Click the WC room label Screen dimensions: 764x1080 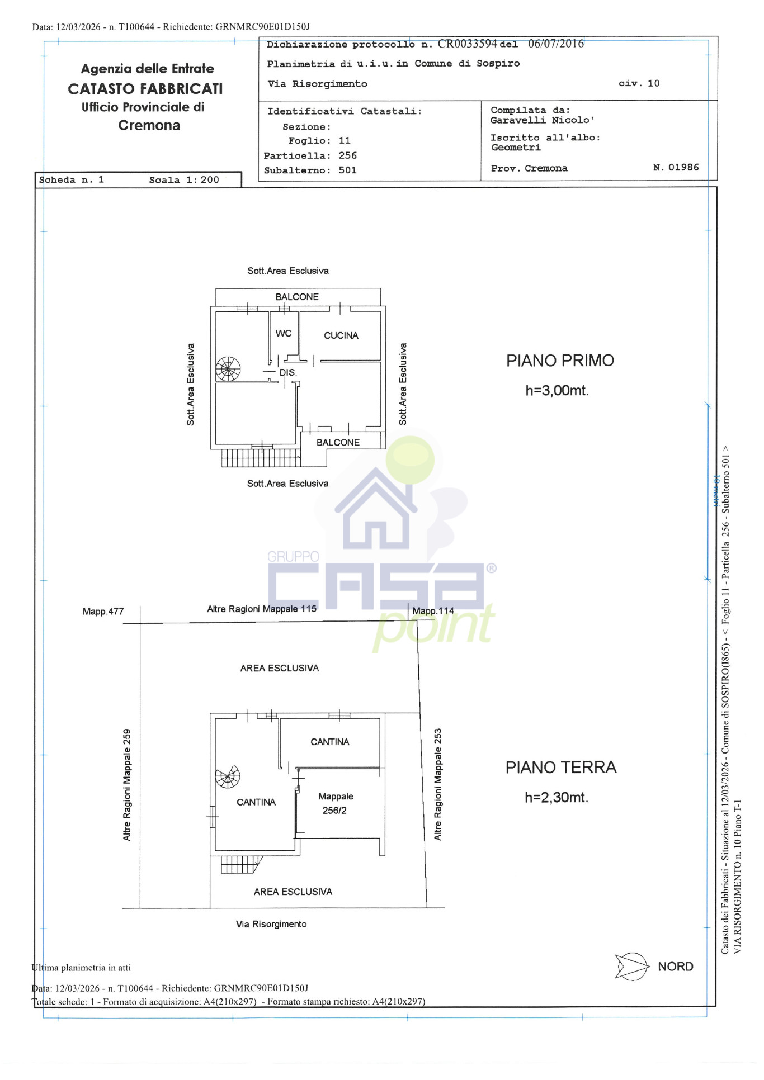[x=284, y=334]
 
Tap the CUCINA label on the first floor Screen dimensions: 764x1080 [x=341, y=335]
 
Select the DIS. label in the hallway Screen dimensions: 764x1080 [x=288, y=373]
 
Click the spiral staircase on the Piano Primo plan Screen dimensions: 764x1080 [x=228, y=369]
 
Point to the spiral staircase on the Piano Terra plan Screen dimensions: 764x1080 [x=228, y=777]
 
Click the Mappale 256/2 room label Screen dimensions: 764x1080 [x=336, y=803]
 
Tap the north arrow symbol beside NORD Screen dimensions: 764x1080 [x=632, y=967]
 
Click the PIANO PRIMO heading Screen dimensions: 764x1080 [x=560, y=361]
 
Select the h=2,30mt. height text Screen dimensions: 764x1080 [x=557, y=798]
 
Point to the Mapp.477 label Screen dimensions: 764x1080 [x=103, y=612]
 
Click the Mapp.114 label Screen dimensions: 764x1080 [x=433, y=611]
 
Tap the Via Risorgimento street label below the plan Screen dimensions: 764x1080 [x=271, y=924]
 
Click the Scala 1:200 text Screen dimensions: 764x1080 [x=184, y=180]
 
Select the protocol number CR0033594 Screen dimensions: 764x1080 [x=467, y=44]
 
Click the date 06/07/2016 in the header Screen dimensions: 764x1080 [x=556, y=44]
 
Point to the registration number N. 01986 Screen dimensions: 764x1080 [x=676, y=168]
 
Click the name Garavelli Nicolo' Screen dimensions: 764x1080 [x=542, y=120]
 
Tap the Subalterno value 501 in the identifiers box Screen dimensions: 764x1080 [x=347, y=170]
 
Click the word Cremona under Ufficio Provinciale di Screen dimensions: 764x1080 [x=149, y=125]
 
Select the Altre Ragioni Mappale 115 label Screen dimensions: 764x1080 [x=262, y=609]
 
